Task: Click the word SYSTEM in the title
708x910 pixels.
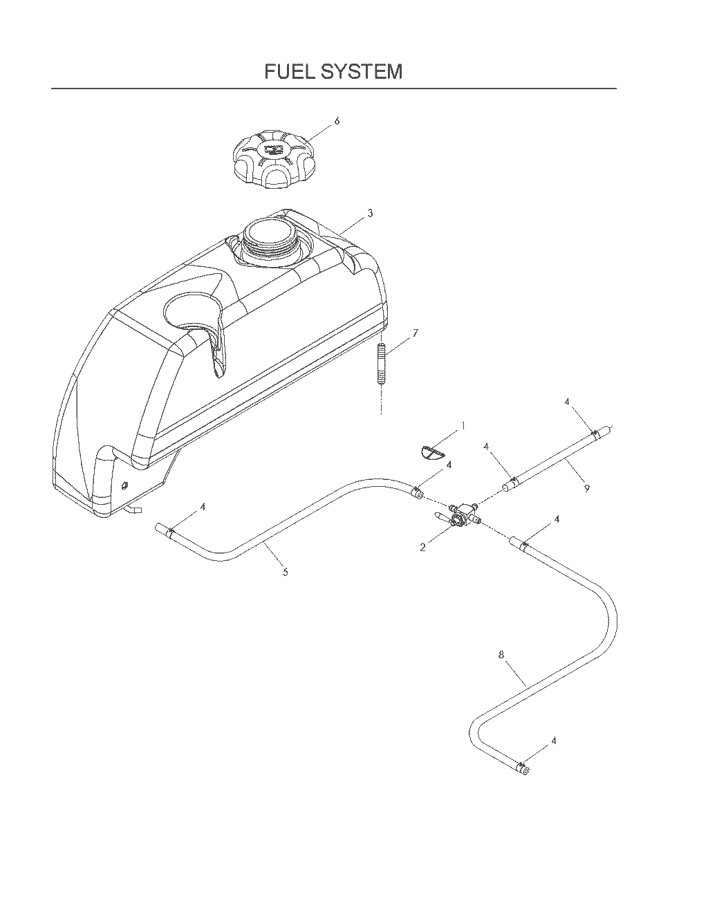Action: (362, 72)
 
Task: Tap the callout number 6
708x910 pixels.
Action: (337, 121)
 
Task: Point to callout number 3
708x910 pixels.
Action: (370, 213)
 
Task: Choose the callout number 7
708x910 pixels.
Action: (415, 333)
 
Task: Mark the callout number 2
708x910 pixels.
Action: (423, 547)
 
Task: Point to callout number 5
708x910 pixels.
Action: (285, 572)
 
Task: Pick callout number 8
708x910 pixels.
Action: (501, 655)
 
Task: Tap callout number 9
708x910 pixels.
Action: (586, 488)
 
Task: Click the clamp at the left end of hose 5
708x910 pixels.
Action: (171, 532)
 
